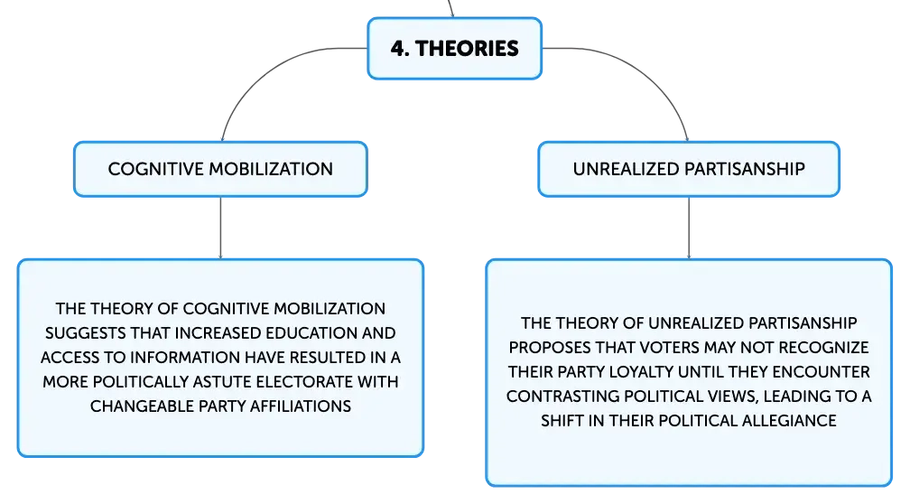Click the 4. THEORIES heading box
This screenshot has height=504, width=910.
454,48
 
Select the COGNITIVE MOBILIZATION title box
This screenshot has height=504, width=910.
220,169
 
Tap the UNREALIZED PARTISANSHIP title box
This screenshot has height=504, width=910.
689,169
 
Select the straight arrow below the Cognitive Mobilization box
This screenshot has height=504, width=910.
220,228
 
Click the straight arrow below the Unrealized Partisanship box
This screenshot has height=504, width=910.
689,228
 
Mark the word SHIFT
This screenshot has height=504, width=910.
562,420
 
